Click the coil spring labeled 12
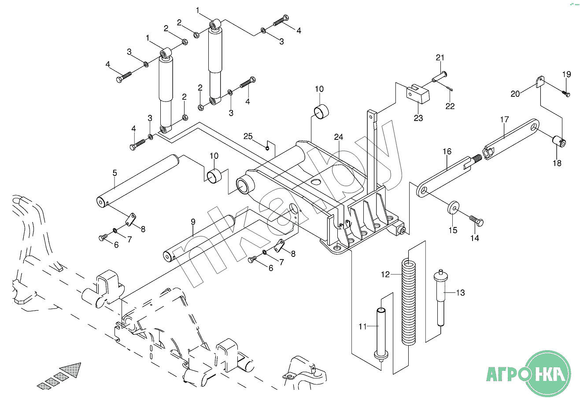pos(409,304)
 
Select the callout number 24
pos(338,137)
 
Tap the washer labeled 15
pos(452,207)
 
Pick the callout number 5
pos(115,172)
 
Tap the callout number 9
pos(193,222)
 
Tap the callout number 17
pos(504,119)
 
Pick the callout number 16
pos(447,152)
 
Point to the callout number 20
pos(515,93)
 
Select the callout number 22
pos(450,106)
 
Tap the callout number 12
pos(385,274)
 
